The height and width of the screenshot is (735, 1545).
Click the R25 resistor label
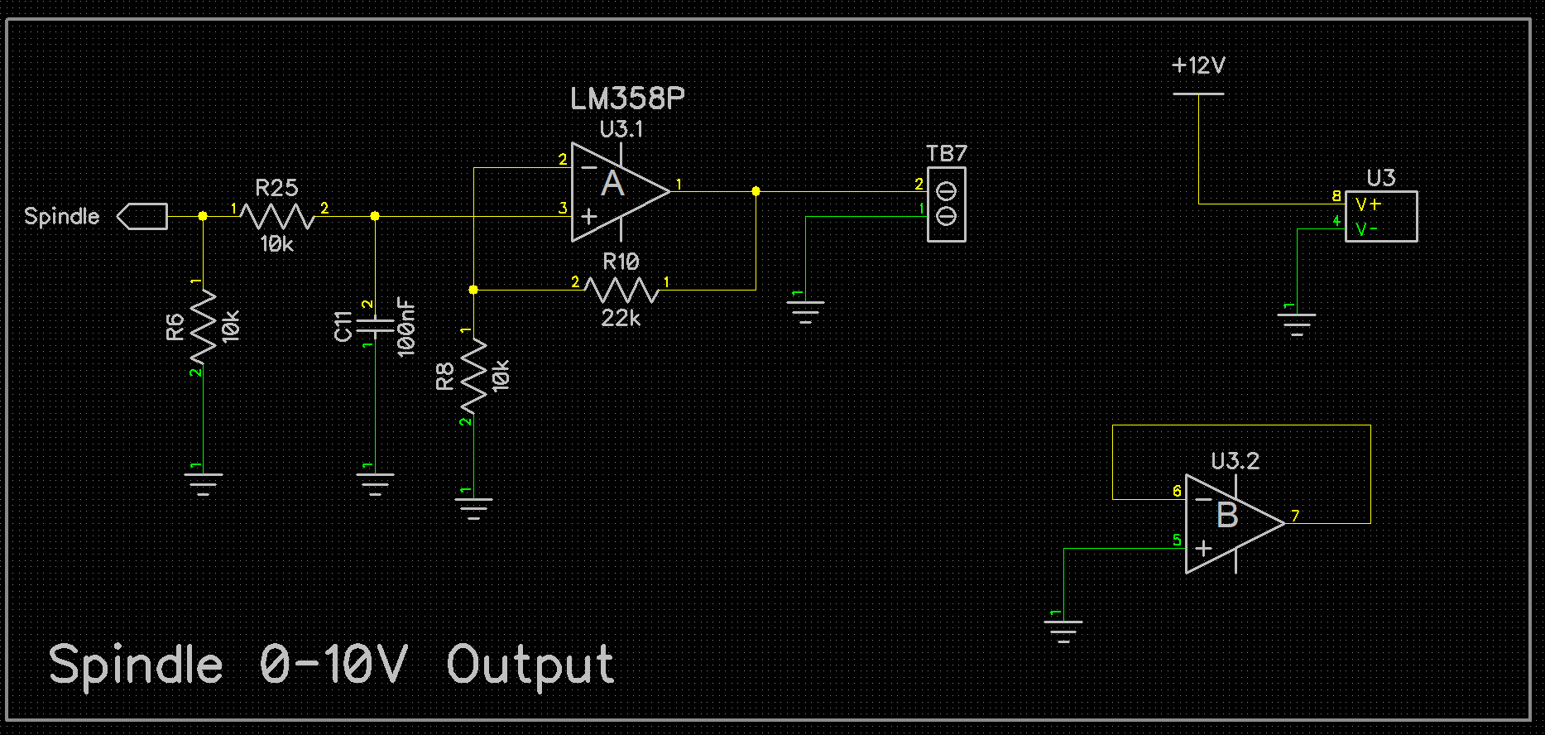pos(276,188)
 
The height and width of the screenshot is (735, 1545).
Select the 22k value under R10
pos(621,318)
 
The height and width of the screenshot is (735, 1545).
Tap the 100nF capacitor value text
pos(405,328)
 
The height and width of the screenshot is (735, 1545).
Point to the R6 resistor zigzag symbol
pos(203,326)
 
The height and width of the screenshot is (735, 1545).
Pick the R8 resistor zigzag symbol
pos(473,376)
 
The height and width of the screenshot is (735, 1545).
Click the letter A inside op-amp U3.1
pos(612,184)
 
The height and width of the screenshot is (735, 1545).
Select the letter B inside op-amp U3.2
pos(1227,515)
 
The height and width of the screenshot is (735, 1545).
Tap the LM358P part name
pos(627,99)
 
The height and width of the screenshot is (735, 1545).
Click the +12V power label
pos(1198,65)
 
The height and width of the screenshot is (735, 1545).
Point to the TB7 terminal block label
pos(947,153)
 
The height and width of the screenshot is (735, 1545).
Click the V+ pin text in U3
pos(1368,204)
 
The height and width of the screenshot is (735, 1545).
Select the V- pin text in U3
pos(1366,228)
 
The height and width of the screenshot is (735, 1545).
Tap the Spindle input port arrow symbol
pos(142,216)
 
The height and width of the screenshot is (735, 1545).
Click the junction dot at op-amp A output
pos(756,191)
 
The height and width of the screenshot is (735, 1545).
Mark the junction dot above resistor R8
pos(473,290)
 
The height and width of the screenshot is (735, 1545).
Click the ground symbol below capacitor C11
pos(375,483)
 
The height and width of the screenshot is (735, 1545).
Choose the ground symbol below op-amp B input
pos(1063,631)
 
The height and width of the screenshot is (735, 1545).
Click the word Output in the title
pos(530,665)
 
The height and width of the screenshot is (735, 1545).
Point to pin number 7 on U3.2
pos(1295,516)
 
